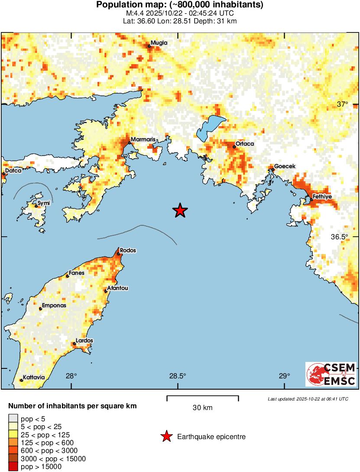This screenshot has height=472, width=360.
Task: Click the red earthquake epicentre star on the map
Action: coord(180,211)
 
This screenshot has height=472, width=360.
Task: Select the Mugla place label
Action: coord(159,43)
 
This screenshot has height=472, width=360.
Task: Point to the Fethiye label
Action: coord(322,197)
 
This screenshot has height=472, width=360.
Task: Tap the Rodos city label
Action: coord(128,251)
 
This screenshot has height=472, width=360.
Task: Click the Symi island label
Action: coord(43,203)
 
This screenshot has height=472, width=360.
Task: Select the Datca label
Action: coord(13,171)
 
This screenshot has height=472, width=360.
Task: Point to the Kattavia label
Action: coord(33,377)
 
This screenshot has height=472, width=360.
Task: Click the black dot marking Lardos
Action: coord(75,344)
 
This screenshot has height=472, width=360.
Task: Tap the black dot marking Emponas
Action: coord(40,309)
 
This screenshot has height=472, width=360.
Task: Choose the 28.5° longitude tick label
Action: coord(178,376)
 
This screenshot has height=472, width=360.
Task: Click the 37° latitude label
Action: coord(343,104)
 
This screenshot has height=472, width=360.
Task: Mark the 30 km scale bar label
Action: coord(202,408)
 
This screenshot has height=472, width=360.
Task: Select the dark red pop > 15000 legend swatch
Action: coord(13,467)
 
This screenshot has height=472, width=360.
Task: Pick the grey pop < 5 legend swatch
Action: coord(13,419)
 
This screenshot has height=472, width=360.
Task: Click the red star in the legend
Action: coord(166,437)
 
